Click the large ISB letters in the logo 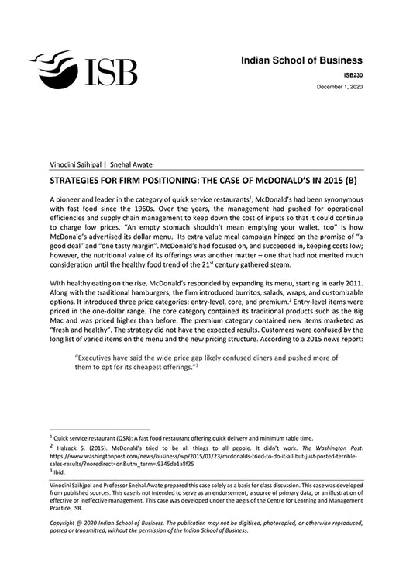109,71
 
